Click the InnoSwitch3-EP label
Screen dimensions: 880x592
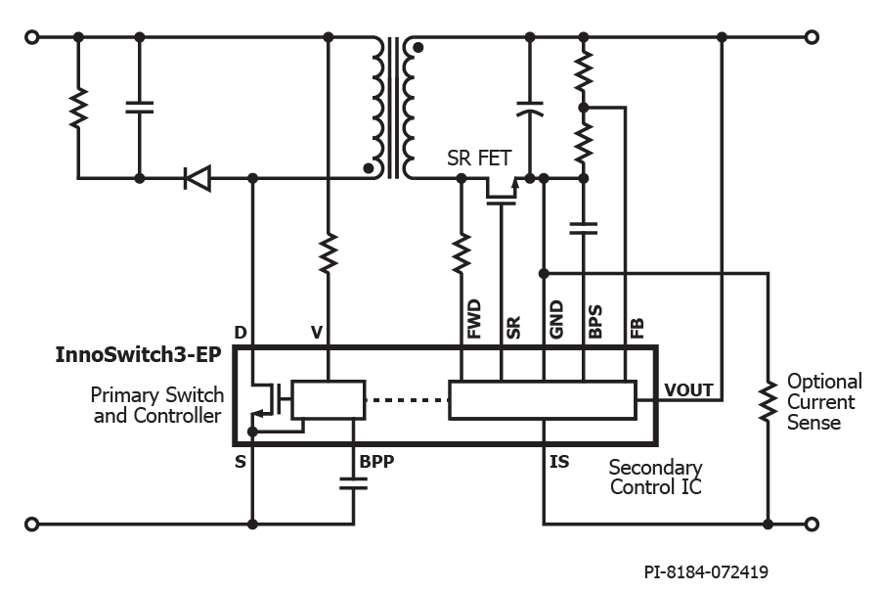coord(138,355)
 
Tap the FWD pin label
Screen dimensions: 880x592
coord(474,319)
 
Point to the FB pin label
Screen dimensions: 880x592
coord(637,329)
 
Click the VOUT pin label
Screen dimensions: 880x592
coord(688,389)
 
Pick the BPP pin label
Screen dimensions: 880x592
coord(376,462)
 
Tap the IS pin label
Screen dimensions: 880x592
coord(559,462)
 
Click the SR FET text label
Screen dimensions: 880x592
coord(479,159)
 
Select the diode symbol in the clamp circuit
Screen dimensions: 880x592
coord(198,179)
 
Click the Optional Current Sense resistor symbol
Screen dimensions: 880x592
coord(768,400)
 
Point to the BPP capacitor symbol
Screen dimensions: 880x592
coord(354,483)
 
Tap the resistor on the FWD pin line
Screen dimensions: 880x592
coord(462,253)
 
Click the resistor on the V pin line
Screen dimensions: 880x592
coord(329,253)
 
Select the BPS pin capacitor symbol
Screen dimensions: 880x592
coord(584,228)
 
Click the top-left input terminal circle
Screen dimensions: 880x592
coord(32,37)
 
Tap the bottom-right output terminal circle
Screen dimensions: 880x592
coord(812,524)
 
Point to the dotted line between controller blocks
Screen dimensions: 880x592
coord(407,400)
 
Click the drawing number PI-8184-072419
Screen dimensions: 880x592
coord(706,572)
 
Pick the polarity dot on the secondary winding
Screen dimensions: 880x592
coord(418,48)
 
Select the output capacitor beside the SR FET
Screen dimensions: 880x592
coord(530,109)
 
